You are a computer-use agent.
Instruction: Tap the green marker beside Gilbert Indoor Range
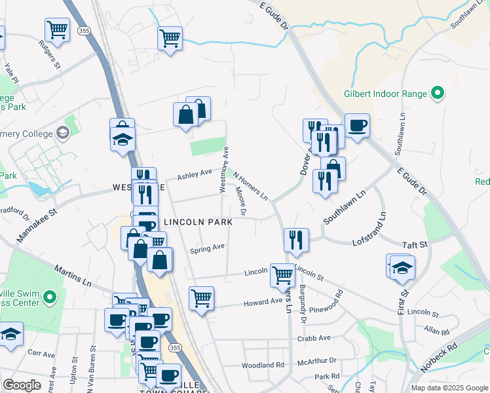[x=436, y=94]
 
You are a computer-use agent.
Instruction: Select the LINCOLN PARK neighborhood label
[x=198, y=223]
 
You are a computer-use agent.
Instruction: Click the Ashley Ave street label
[x=195, y=174]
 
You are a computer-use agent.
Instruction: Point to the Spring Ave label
[x=207, y=248]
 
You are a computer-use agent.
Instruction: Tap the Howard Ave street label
[x=262, y=303]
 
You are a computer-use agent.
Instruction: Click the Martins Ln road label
[x=73, y=276]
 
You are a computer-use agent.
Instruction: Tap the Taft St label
[x=414, y=244]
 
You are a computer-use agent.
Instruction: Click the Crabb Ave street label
[x=314, y=339]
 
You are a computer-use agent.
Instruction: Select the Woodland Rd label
[x=263, y=365]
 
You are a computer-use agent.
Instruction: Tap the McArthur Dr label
[x=316, y=361]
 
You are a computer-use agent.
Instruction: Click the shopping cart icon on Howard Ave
[x=201, y=298]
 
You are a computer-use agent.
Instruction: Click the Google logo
[x=22, y=385]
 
